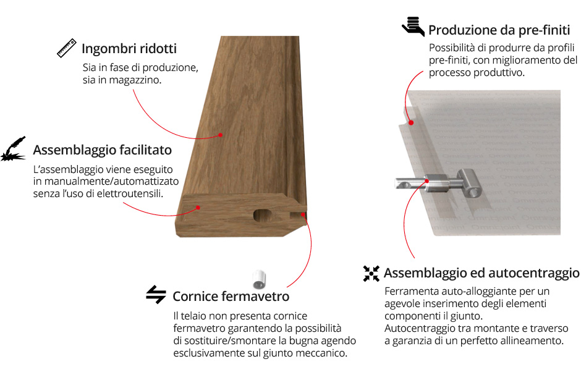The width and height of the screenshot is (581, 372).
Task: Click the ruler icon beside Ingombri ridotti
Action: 67,48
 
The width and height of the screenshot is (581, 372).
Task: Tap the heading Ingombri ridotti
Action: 129,49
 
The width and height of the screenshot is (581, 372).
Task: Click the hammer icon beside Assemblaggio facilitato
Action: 14,148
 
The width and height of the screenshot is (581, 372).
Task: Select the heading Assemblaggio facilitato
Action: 102,150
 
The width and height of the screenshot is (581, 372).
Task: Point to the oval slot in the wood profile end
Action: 263,215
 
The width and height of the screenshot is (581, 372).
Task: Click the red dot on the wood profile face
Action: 221,135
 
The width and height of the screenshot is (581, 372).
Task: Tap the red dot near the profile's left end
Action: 198,208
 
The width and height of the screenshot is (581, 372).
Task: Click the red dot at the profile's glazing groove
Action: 303,214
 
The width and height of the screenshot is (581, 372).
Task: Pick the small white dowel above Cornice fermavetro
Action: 260,279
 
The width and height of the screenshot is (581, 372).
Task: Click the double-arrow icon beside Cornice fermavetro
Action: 156,295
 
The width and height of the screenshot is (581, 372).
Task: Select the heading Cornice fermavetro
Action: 231,297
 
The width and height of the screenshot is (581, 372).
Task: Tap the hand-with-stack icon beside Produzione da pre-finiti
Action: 413,26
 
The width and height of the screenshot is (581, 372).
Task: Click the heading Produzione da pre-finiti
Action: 499,30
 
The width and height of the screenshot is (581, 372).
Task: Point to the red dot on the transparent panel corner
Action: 411,122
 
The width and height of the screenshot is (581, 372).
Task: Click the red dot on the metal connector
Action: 427,181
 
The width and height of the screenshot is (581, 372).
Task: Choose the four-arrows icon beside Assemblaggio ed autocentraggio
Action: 371,274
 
